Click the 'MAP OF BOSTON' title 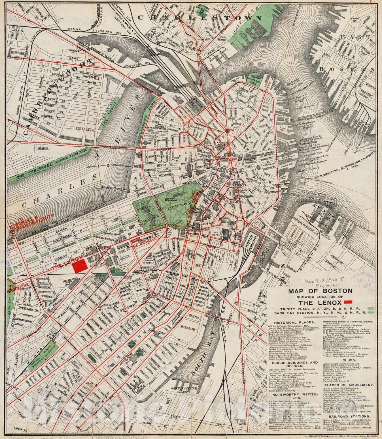320,291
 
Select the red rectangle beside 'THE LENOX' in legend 348,302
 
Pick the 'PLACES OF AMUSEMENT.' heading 350,385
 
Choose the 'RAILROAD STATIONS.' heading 350,416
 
